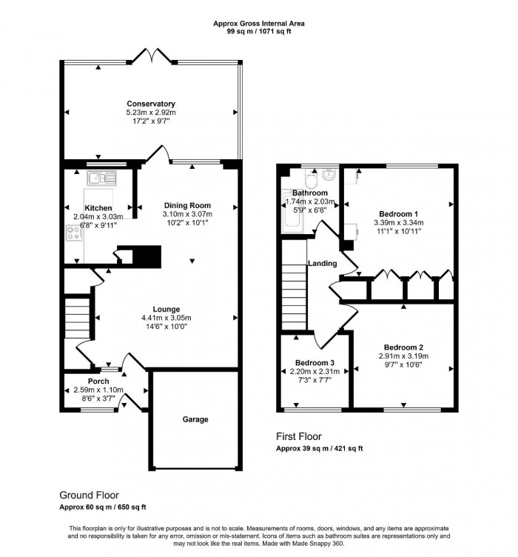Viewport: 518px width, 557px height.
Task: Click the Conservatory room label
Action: click(x=150, y=104)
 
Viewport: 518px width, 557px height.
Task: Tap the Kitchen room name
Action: click(x=98, y=208)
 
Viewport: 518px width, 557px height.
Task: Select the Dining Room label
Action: click(x=187, y=206)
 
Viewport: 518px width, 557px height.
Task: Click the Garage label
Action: click(x=195, y=419)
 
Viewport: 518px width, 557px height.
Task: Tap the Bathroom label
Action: click(x=309, y=193)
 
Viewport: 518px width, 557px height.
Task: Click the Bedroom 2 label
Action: click(x=403, y=347)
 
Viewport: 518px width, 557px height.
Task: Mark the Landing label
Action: click(x=323, y=263)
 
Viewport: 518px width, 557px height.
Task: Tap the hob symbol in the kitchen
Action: click(x=74, y=233)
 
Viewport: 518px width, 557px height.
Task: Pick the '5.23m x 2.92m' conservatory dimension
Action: click(x=150, y=113)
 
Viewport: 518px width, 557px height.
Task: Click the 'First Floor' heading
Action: click(x=299, y=437)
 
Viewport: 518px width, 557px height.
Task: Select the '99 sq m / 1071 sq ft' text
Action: click(x=258, y=32)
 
